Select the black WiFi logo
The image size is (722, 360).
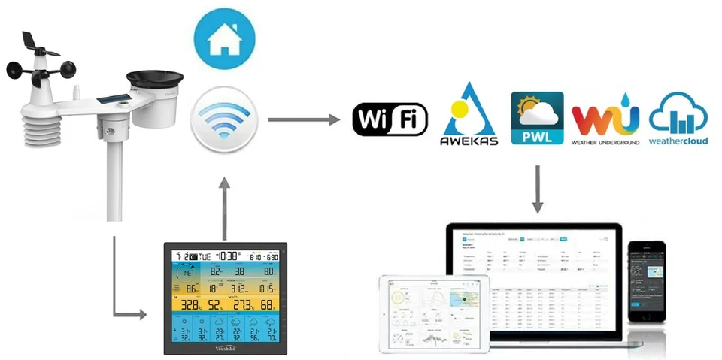(x=390, y=120)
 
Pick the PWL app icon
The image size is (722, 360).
(x=537, y=118)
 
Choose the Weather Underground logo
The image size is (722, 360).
(x=605, y=120)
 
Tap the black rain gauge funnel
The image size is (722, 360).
(x=155, y=78)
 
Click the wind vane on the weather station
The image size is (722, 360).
(x=36, y=45)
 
